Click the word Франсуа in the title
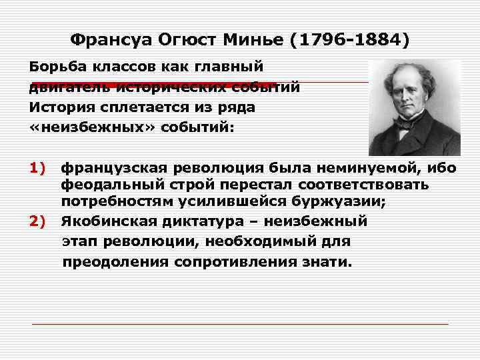(x=110, y=40)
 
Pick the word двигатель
(x=67, y=87)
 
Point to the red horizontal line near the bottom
(x=240, y=324)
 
